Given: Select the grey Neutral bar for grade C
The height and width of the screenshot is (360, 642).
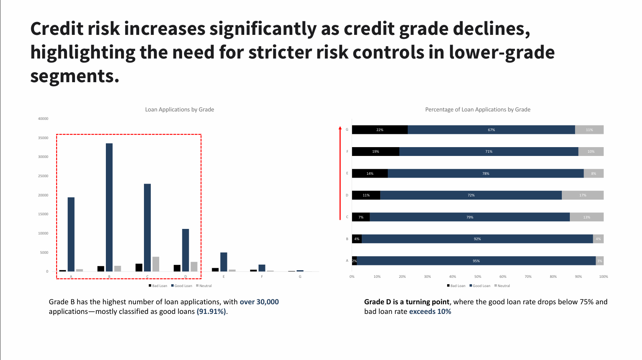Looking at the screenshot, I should click(x=156, y=264).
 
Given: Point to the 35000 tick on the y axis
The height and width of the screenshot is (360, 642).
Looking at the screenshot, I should click(x=43, y=138).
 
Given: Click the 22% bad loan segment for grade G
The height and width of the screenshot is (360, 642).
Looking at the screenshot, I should click(x=380, y=130).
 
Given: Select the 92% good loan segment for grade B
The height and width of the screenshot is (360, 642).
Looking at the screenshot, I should click(x=477, y=239).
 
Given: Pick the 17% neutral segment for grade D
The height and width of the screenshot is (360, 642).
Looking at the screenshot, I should click(x=583, y=195).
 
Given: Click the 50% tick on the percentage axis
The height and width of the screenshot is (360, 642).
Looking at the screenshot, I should click(x=478, y=277).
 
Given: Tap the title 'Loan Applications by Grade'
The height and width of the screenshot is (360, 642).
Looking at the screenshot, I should click(x=179, y=109).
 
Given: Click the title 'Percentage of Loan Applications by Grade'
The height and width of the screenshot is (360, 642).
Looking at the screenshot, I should click(x=478, y=109).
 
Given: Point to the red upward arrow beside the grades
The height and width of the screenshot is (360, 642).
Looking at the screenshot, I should click(x=340, y=172).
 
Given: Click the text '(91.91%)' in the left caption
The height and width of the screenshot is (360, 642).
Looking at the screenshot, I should click(x=211, y=311).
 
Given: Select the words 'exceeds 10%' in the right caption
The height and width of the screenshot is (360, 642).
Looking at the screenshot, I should click(x=430, y=311).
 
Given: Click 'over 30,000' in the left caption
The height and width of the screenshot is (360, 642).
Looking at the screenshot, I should click(x=259, y=302).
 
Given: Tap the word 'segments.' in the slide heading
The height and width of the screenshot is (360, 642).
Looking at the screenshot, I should click(x=75, y=76).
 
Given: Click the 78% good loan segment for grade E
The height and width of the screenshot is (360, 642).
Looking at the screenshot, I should click(x=486, y=174).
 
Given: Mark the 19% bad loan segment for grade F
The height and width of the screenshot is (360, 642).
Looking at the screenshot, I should click(x=375, y=152).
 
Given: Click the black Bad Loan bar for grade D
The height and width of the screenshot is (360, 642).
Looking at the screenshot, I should click(x=177, y=268).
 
